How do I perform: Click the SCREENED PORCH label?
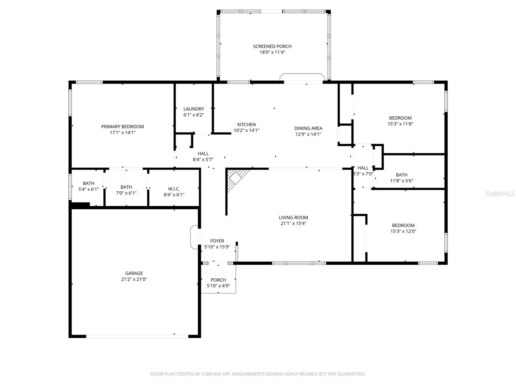click(272, 46)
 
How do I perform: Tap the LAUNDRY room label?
click(193, 109)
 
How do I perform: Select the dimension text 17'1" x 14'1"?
click(123, 133)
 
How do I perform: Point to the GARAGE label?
click(134, 273)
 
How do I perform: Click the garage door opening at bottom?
click(137, 336)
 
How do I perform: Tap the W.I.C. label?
click(174, 189)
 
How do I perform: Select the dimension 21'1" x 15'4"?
click(293, 223)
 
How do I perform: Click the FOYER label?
click(217, 241)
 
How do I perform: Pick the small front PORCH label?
click(218, 280)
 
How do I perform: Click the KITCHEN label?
click(246, 124)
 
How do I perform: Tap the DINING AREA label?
click(308, 128)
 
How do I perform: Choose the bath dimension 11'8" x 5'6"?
click(402, 181)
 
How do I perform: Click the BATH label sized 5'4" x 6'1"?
click(88, 184)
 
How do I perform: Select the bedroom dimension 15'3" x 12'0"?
click(403, 231)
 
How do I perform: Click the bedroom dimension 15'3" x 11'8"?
click(400, 124)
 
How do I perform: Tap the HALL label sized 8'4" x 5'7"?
click(203, 154)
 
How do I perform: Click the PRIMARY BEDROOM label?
click(123, 127)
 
